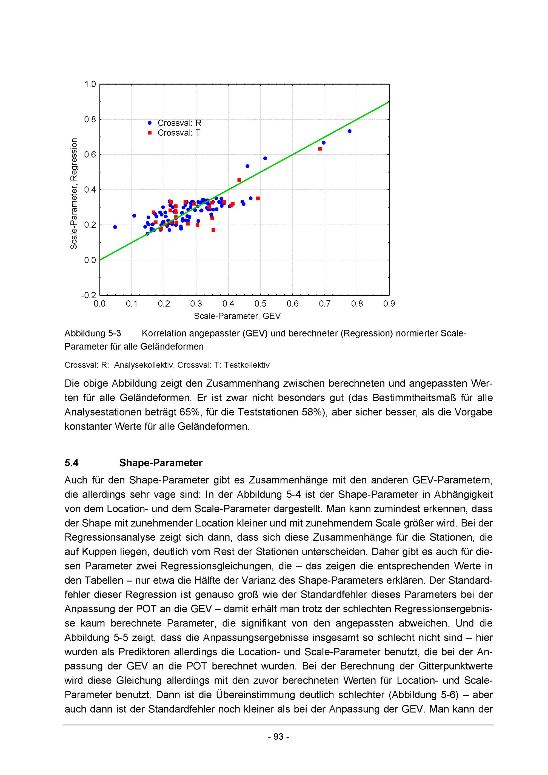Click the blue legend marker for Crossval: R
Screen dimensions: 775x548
(x=150, y=123)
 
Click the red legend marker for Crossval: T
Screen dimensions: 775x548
(x=150, y=133)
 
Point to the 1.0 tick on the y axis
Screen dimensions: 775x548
(x=90, y=84)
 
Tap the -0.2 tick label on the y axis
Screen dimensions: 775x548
(x=89, y=295)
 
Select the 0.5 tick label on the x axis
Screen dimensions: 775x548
(x=261, y=304)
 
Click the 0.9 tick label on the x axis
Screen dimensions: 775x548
(x=389, y=304)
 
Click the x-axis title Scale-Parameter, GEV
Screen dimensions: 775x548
(x=237, y=316)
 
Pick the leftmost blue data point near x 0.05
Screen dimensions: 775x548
(x=115, y=227)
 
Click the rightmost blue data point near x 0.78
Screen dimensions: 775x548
(x=350, y=131)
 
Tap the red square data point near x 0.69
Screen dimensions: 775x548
(x=320, y=149)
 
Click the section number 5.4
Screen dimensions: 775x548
(x=72, y=463)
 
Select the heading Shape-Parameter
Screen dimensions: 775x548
(x=161, y=463)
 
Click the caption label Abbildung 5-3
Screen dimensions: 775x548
(x=93, y=334)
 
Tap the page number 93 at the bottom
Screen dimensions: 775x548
(x=278, y=737)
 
